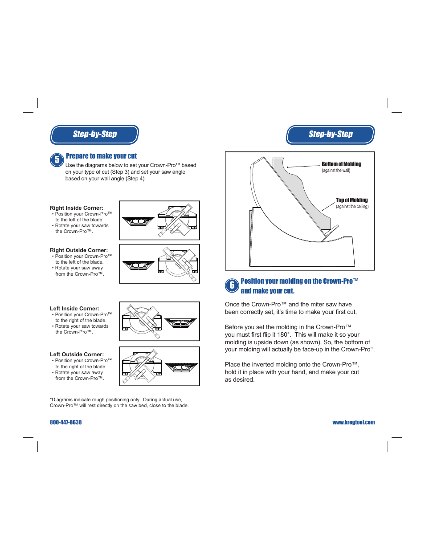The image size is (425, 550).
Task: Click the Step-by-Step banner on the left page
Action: [x=94, y=134]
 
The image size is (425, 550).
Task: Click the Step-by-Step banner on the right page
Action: [x=330, y=134]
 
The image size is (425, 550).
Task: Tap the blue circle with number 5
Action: [x=57, y=160]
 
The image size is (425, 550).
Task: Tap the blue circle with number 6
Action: [x=232, y=285]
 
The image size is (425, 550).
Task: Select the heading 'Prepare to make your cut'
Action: [x=101, y=156]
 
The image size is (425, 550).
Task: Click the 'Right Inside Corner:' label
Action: [x=77, y=208]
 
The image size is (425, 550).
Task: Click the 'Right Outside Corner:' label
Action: [x=79, y=250]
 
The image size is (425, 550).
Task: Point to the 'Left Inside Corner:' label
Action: [x=74, y=309]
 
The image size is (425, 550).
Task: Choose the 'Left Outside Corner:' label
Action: [x=77, y=354]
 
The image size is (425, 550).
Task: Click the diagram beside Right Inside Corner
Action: [x=159, y=220]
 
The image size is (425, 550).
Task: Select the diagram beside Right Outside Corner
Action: [x=159, y=264]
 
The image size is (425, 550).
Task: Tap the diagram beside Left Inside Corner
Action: [x=159, y=321]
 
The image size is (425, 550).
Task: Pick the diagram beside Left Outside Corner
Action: [x=159, y=366]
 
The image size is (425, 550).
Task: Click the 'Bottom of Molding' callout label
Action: [x=341, y=164]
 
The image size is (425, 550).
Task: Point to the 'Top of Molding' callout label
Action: [x=351, y=200]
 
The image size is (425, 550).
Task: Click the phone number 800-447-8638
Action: [x=66, y=422]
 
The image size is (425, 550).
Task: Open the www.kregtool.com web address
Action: [x=353, y=422]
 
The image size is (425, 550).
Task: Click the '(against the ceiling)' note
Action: [x=352, y=207]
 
